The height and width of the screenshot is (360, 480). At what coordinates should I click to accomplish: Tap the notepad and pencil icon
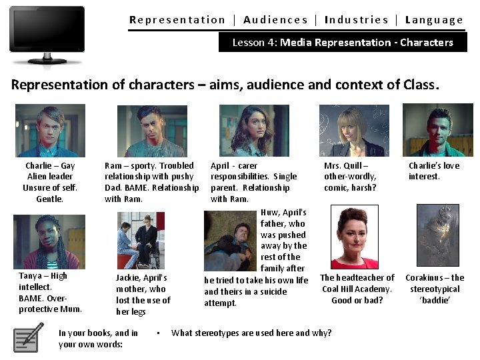coord(29,338)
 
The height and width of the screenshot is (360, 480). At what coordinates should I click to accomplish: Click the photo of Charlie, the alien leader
coord(50,130)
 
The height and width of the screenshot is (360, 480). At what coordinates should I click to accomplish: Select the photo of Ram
coord(152,131)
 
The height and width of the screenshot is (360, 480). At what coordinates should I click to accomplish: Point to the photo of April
coord(254,131)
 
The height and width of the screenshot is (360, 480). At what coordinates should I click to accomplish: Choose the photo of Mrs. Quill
coord(354,131)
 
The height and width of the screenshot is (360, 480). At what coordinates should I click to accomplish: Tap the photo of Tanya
coord(49,241)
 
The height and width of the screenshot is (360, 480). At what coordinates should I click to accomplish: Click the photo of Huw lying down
coord(231,241)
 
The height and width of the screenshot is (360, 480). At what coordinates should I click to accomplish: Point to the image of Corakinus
coord(437,235)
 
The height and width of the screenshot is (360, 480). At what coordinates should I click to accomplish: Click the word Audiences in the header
coord(275,20)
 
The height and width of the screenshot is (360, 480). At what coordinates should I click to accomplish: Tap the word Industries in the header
coord(356,20)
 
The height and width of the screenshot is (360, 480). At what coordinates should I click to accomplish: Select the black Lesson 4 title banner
coord(343,43)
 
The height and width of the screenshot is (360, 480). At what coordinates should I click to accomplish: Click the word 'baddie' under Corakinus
coord(435,300)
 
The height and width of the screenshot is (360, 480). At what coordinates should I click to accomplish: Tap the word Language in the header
coord(434,20)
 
